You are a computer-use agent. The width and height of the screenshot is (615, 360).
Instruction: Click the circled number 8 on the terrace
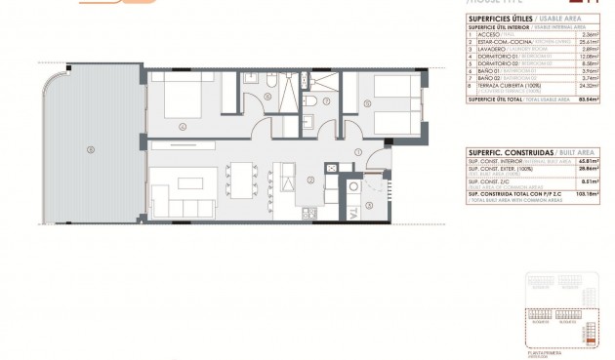[x=91, y=149]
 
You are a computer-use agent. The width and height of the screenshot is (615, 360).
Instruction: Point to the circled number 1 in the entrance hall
[x=358, y=152]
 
